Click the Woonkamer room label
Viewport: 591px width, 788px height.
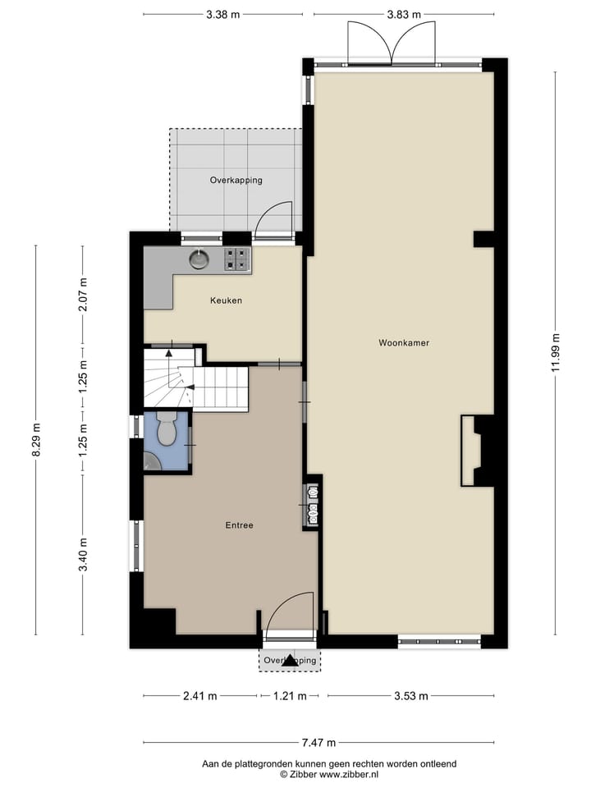tap(404, 342)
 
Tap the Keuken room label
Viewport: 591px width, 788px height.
tap(226, 300)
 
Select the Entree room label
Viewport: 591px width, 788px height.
tap(239, 525)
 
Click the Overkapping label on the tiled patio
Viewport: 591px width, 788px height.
tap(236, 180)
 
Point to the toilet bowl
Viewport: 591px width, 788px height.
tap(167, 429)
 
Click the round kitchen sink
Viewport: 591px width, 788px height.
tap(199, 259)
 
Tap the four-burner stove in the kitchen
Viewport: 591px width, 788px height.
tap(237, 259)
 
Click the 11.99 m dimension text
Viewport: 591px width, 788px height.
tap(556, 353)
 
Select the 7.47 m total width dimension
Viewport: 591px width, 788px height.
tap(318, 743)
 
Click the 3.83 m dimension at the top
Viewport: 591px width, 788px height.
tap(404, 14)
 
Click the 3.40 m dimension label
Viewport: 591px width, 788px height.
tap(82, 557)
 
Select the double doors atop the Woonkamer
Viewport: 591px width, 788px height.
tap(392, 43)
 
